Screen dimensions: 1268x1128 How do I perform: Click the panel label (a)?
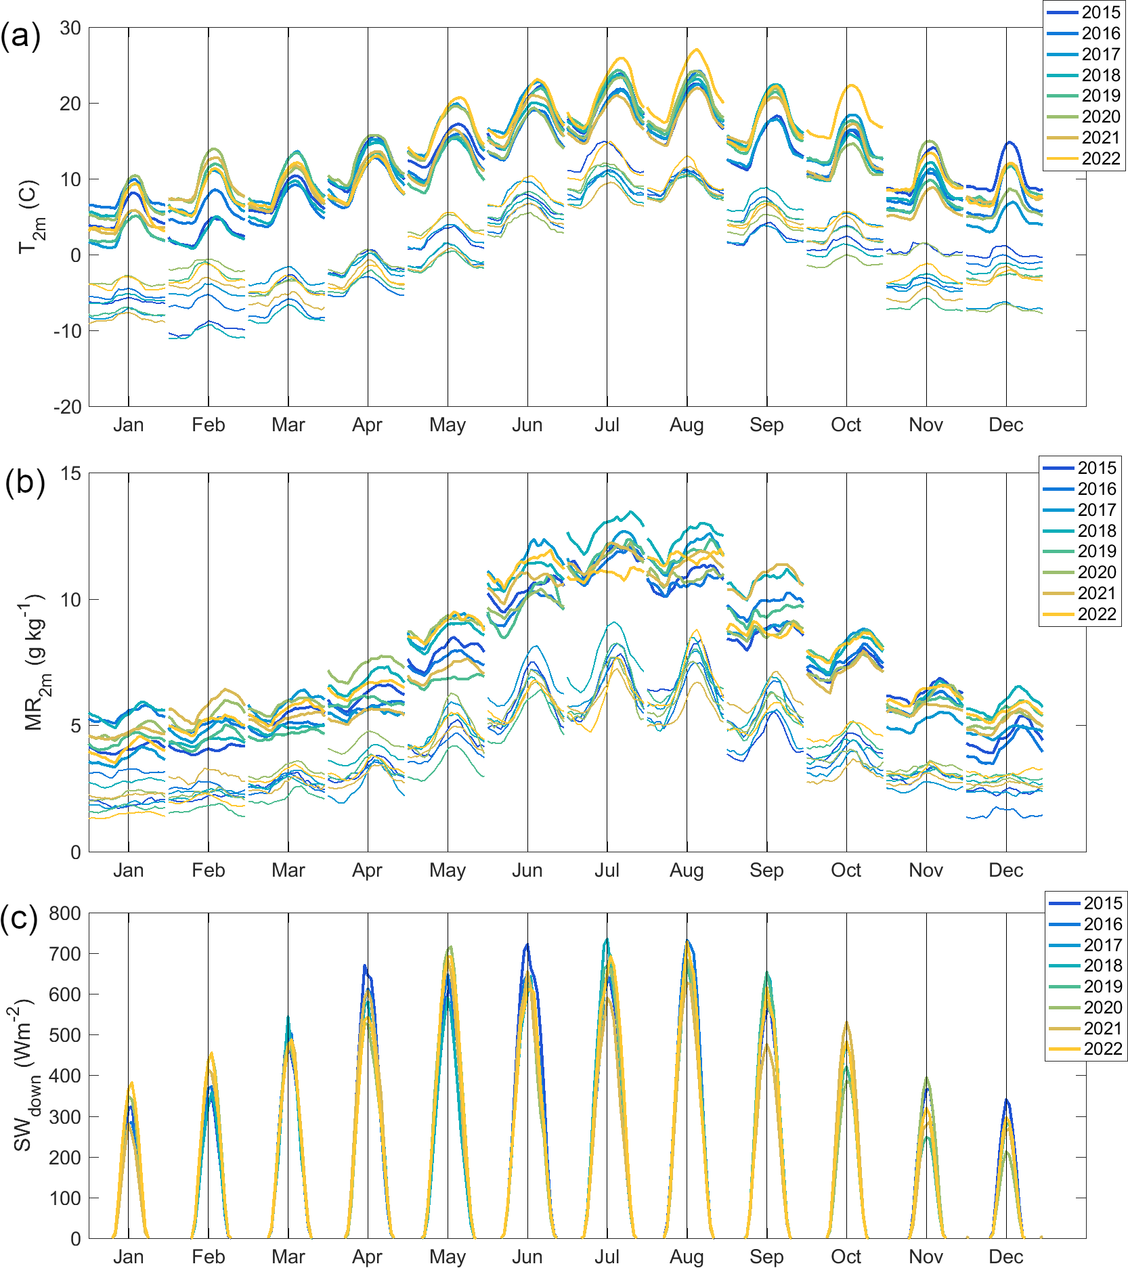tap(20, 35)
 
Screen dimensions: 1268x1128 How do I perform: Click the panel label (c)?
tap(19, 918)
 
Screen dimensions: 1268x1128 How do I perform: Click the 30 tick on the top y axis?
tap(70, 28)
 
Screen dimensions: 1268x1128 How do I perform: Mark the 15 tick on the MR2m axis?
tap(70, 473)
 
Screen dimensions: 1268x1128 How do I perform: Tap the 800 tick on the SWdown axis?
tap(65, 913)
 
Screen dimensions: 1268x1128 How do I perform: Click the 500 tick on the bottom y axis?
tap(65, 1035)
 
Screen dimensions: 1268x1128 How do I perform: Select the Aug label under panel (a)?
tap(687, 425)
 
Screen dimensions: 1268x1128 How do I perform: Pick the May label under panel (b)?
tap(448, 870)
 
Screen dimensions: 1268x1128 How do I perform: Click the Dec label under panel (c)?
tap(1005, 1256)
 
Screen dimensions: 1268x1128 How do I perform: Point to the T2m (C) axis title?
tap(31, 217)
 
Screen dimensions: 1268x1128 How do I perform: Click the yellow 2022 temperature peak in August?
tap(696, 49)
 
